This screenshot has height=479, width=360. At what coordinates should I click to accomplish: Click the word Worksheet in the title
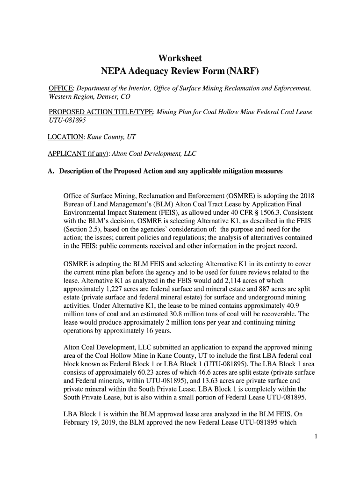point(180,58)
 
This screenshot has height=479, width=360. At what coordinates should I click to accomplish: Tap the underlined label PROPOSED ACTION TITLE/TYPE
point(101,112)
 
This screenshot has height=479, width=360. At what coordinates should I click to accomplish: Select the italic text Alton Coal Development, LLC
point(155,153)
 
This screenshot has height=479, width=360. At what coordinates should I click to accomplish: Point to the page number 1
point(316,436)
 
